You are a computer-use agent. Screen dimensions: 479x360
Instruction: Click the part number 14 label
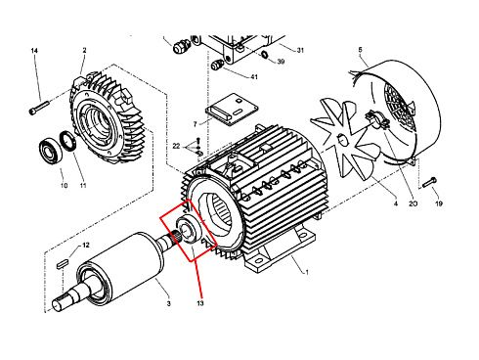click(34, 51)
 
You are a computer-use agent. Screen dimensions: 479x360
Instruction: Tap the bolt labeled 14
click(39, 108)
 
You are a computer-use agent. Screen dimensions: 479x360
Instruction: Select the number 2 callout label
click(84, 50)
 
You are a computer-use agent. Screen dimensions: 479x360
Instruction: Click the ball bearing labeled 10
click(51, 151)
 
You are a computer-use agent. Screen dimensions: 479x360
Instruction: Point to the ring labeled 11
click(67, 141)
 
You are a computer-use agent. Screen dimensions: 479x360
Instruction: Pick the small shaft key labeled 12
click(62, 263)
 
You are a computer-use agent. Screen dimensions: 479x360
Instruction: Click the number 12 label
click(85, 245)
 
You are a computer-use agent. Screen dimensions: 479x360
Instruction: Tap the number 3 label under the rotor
click(168, 303)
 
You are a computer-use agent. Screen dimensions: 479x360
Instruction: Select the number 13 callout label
click(200, 303)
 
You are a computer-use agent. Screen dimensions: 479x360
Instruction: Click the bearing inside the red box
click(189, 230)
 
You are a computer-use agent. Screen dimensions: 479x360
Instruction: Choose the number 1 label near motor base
click(306, 272)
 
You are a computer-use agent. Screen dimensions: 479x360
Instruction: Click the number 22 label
click(176, 146)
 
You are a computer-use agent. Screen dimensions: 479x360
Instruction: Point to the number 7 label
click(195, 124)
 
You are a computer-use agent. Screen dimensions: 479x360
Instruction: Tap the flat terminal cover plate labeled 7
click(232, 110)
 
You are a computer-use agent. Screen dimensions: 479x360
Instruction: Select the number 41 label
click(254, 77)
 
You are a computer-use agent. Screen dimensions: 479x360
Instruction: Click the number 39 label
click(281, 62)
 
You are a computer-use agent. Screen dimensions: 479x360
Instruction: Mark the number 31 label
click(300, 50)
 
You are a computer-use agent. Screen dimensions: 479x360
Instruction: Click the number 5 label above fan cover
click(360, 50)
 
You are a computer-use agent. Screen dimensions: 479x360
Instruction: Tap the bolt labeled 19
click(429, 183)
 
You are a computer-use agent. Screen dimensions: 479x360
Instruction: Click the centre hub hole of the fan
click(341, 140)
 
